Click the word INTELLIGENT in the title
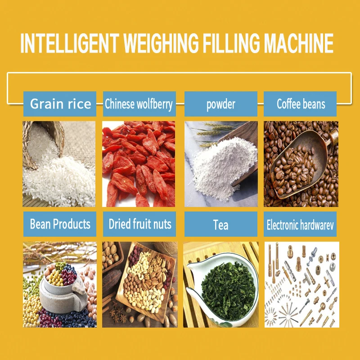click(x=70, y=44)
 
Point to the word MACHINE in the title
click(x=299, y=44)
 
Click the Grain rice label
click(x=60, y=104)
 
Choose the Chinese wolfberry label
click(x=139, y=104)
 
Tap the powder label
click(x=220, y=104)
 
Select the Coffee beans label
click(x=301, y=104)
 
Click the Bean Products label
click(x=60, y=224)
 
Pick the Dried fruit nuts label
click(x=139, y=224)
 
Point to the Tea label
click(x=220, y=224)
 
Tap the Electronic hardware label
click(x=301, y=224)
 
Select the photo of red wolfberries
click(x=139, y=164)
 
